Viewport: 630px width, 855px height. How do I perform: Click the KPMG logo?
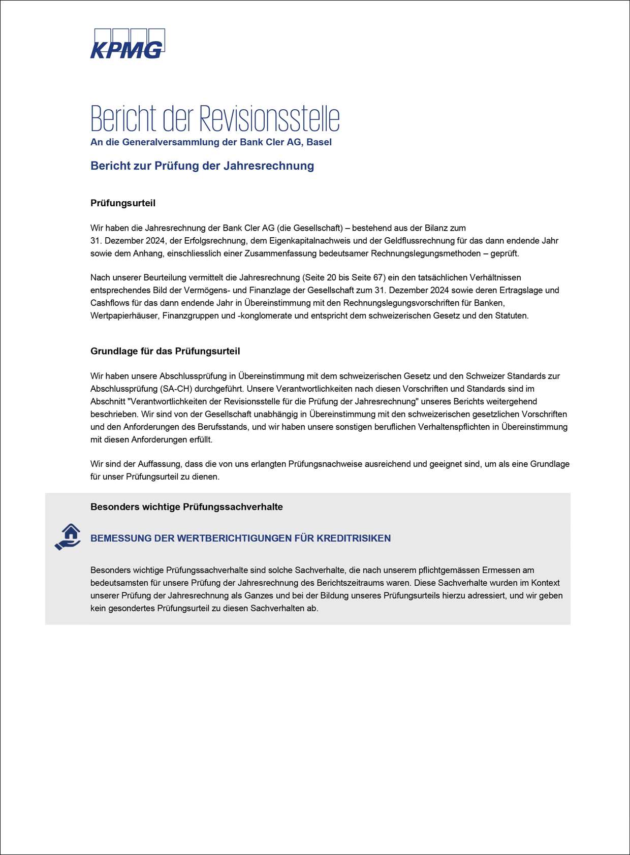coord(128,44)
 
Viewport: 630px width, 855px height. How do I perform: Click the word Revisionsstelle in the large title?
coord(269,119)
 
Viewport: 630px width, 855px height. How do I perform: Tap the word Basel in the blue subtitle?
coord(319,142)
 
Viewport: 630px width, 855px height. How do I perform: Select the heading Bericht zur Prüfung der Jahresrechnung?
coord(202,166)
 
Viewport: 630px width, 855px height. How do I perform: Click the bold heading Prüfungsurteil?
coord(123,203)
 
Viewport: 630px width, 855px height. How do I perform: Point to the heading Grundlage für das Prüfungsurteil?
coord(165,351)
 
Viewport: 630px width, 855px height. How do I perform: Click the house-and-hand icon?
coord(68,537)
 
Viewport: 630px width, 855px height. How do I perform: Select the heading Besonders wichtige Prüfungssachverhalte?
coord(186,507)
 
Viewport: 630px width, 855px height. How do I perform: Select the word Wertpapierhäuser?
coord(124,316)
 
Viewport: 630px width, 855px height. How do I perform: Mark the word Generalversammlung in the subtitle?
coord(171,142)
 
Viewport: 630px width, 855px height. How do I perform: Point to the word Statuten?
coord(512,316)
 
